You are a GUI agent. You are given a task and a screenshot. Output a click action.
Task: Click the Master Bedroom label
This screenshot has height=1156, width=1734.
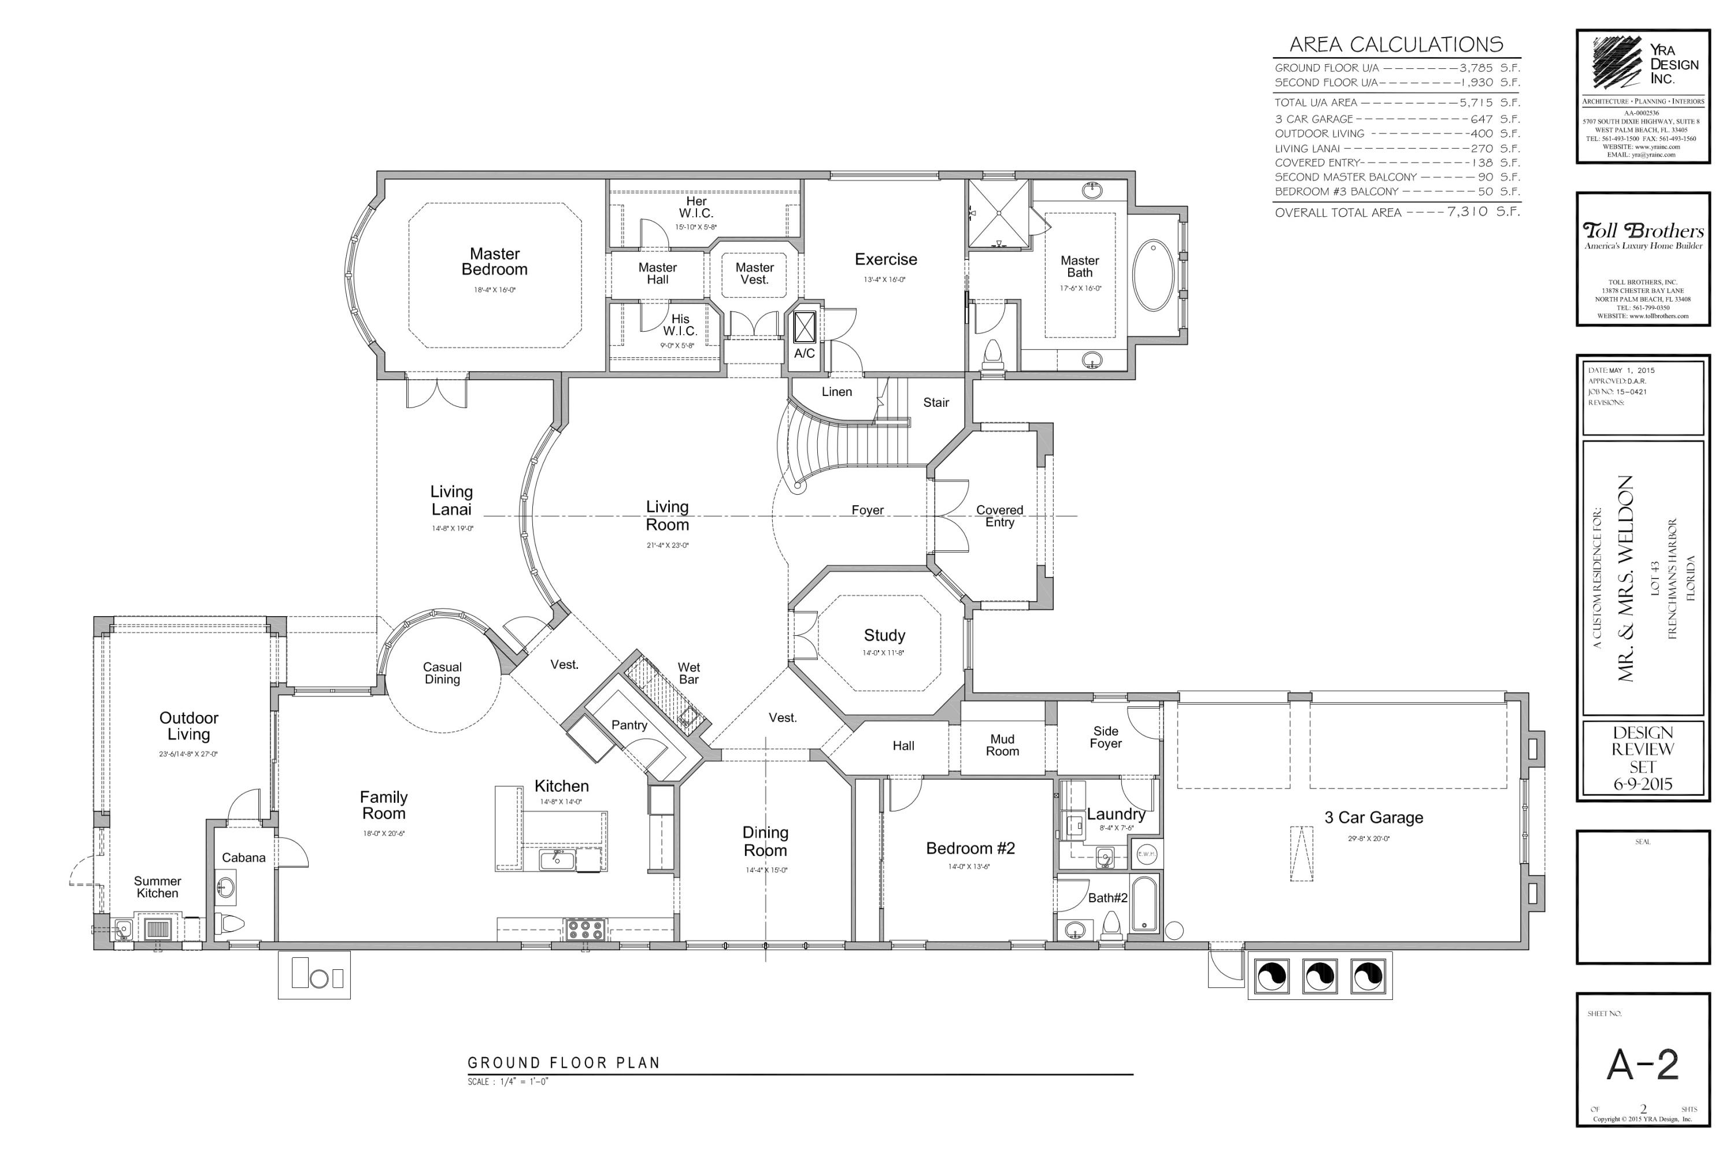(495, 262)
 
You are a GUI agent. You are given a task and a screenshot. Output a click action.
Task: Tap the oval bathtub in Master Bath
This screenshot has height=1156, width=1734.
(1153, 274)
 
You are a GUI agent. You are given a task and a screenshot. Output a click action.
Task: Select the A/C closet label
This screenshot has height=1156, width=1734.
(805, 353)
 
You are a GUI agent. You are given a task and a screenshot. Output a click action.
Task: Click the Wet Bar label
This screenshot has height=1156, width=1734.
(688, 673)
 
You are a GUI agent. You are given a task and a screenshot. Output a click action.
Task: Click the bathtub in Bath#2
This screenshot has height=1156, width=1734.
(1144, 904)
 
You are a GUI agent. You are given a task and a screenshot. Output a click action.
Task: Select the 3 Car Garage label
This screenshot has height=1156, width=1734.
(1373, 818)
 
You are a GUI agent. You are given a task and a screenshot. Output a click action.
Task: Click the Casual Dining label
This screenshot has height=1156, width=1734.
(442, 673)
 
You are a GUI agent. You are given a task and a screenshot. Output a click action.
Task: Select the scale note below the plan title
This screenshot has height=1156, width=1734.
(508, 1081)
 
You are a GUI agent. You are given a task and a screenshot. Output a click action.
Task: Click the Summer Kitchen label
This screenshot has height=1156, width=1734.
(157, 887)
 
